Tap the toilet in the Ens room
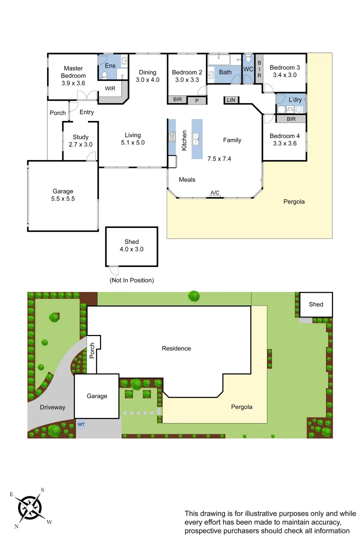(x=104, y=75)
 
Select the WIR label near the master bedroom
(x=110, y=88)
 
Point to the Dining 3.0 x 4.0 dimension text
(x=147, y=80)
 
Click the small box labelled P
(x=196, y=100)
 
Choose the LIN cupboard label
(x=231, y=100)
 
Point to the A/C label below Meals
(x=215, y=193)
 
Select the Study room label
(x=80, y=137)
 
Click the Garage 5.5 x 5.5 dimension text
(x=63, y=198)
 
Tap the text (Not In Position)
(x=131, y=280)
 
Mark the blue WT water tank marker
(x=81, y=424)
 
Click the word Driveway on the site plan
(x=52, y=407)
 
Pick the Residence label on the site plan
(x=176, y=348)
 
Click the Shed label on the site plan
(x=316, y=304)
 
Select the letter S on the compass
(x=42, y=490)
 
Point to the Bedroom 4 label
(x=284, y=136)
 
